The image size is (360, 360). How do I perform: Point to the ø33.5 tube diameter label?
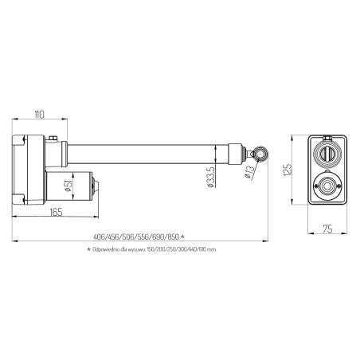tap(209, 178)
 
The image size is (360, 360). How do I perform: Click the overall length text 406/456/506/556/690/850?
tap(136, 237)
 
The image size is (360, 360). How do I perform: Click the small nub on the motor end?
tap(97, 186)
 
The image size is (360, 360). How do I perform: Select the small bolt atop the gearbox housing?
tap(53, 139)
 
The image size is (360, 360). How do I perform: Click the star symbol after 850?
tap(182, 237)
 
